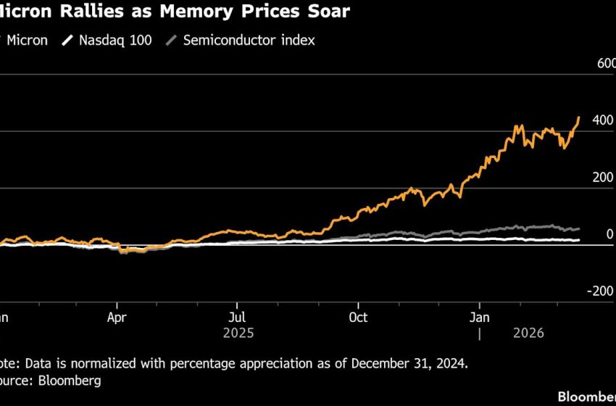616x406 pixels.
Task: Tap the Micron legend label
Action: tap(27, 41)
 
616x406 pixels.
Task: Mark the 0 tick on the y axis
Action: tap(609, 234)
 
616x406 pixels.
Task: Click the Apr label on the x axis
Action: tap(117, 318)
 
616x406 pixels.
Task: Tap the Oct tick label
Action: tap(357, 318)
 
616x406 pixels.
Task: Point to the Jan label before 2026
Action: tap(479, 318)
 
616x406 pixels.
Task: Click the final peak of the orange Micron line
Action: tap(578, 117)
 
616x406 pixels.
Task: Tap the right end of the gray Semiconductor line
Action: tap(578, 229)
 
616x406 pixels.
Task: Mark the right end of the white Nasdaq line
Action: tap(578, 240)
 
